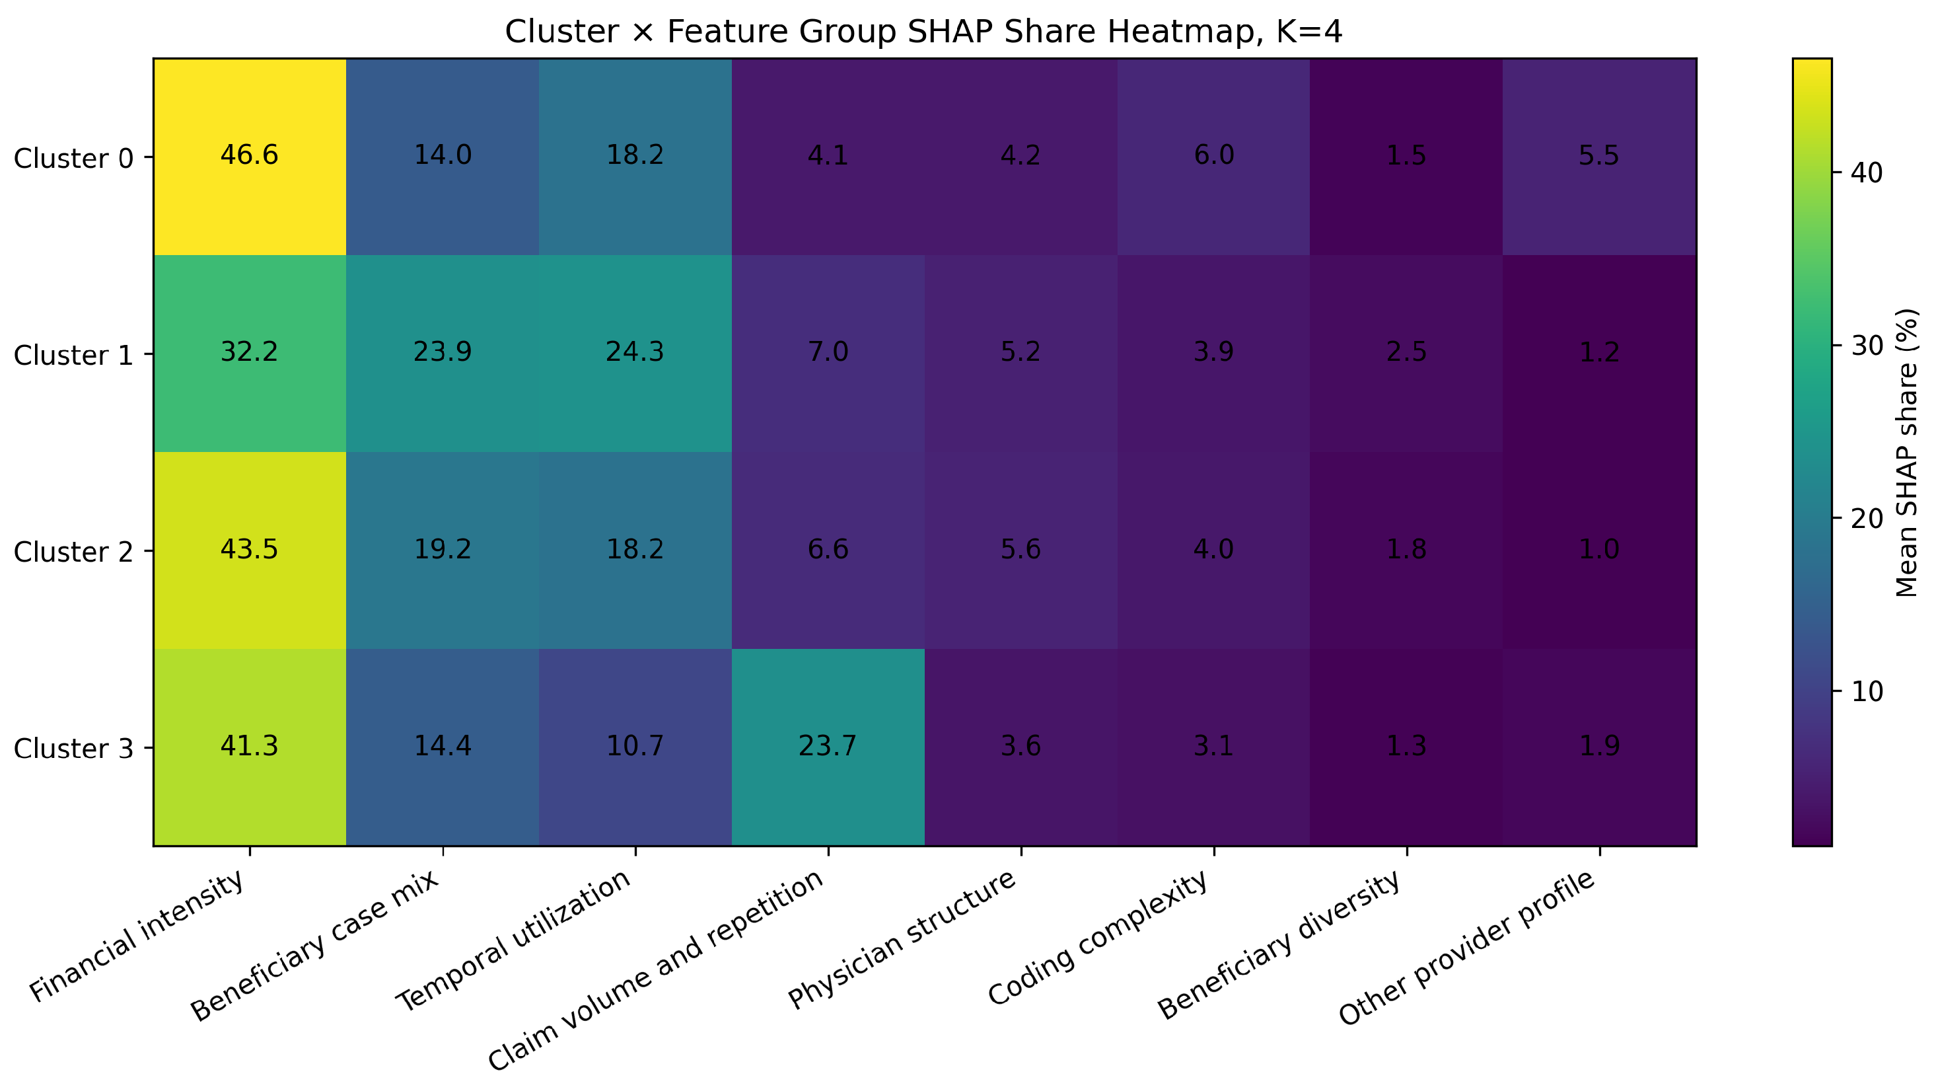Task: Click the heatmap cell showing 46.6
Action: (249, 156)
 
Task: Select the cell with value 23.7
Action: (828, 747)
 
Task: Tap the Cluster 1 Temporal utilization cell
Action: (635, 354)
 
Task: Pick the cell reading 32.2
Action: (249, 354)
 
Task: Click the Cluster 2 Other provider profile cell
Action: (1599, 550)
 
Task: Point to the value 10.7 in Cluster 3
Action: (635, 747)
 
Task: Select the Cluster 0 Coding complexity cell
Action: (1214, 156)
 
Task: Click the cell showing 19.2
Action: (442, 550)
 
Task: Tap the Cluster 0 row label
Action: (73, 158)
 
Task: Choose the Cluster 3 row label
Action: (73, 749)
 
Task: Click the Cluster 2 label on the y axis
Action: (73, 552)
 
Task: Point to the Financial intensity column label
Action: (137, 936)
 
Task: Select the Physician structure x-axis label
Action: (902, 938)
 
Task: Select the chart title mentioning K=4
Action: (923, 32)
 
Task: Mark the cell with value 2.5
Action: (1407, 354)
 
